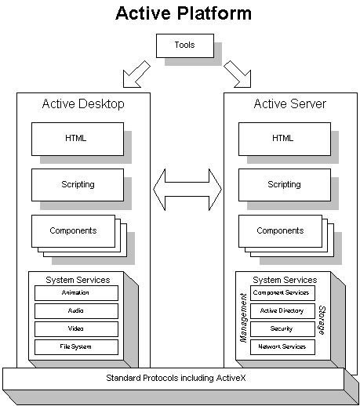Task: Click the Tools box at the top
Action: [185, 45]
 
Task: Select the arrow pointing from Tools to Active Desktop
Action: [136, 75]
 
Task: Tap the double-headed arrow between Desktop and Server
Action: [187, 190]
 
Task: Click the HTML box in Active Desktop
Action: [78, 139]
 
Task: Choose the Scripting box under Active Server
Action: [285, 185]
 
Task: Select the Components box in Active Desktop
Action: [73, 231]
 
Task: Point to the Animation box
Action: [76, 293]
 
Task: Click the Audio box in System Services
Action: [76, 311]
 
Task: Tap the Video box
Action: [76, 329]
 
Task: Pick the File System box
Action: [76, 347]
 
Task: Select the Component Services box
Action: [282, 293]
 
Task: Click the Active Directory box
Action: [282, 311]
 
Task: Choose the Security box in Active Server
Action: [282, 329]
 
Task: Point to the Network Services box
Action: [282, 347]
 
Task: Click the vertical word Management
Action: [243, 317]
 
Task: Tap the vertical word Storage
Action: [322, 321]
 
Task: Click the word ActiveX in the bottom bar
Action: [231, 378]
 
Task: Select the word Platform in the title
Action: [214, 13]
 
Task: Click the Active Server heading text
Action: [290, 103]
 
